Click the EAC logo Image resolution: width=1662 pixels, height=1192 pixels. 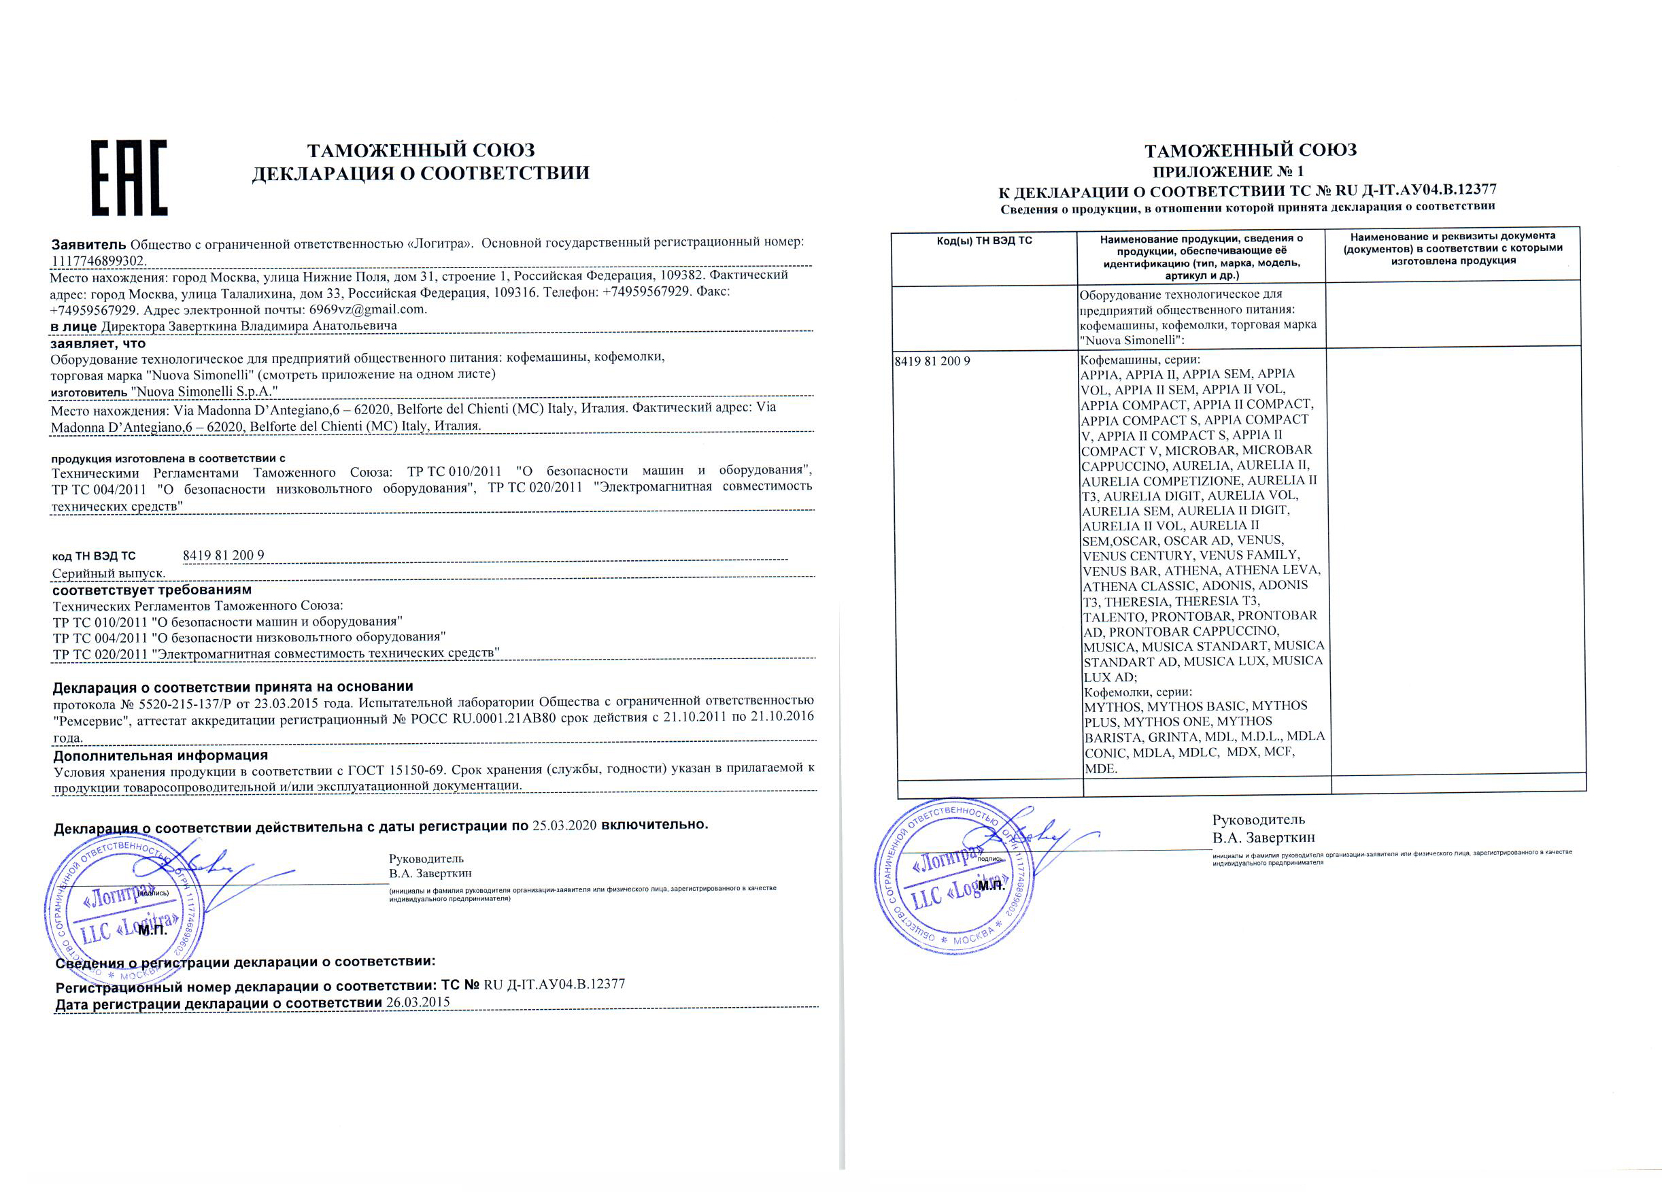129,178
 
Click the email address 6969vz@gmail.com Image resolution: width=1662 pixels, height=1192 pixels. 367,309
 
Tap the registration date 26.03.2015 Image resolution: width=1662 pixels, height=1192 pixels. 418,1002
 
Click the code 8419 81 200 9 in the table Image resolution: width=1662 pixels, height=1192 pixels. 932,361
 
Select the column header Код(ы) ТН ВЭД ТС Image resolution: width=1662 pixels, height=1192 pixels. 983,240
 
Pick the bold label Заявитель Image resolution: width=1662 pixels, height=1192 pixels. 88,244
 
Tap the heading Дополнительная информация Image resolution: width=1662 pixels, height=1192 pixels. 160,755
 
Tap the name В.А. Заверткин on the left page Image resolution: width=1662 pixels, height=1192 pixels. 430,873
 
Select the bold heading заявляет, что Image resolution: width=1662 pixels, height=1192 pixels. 98,343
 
